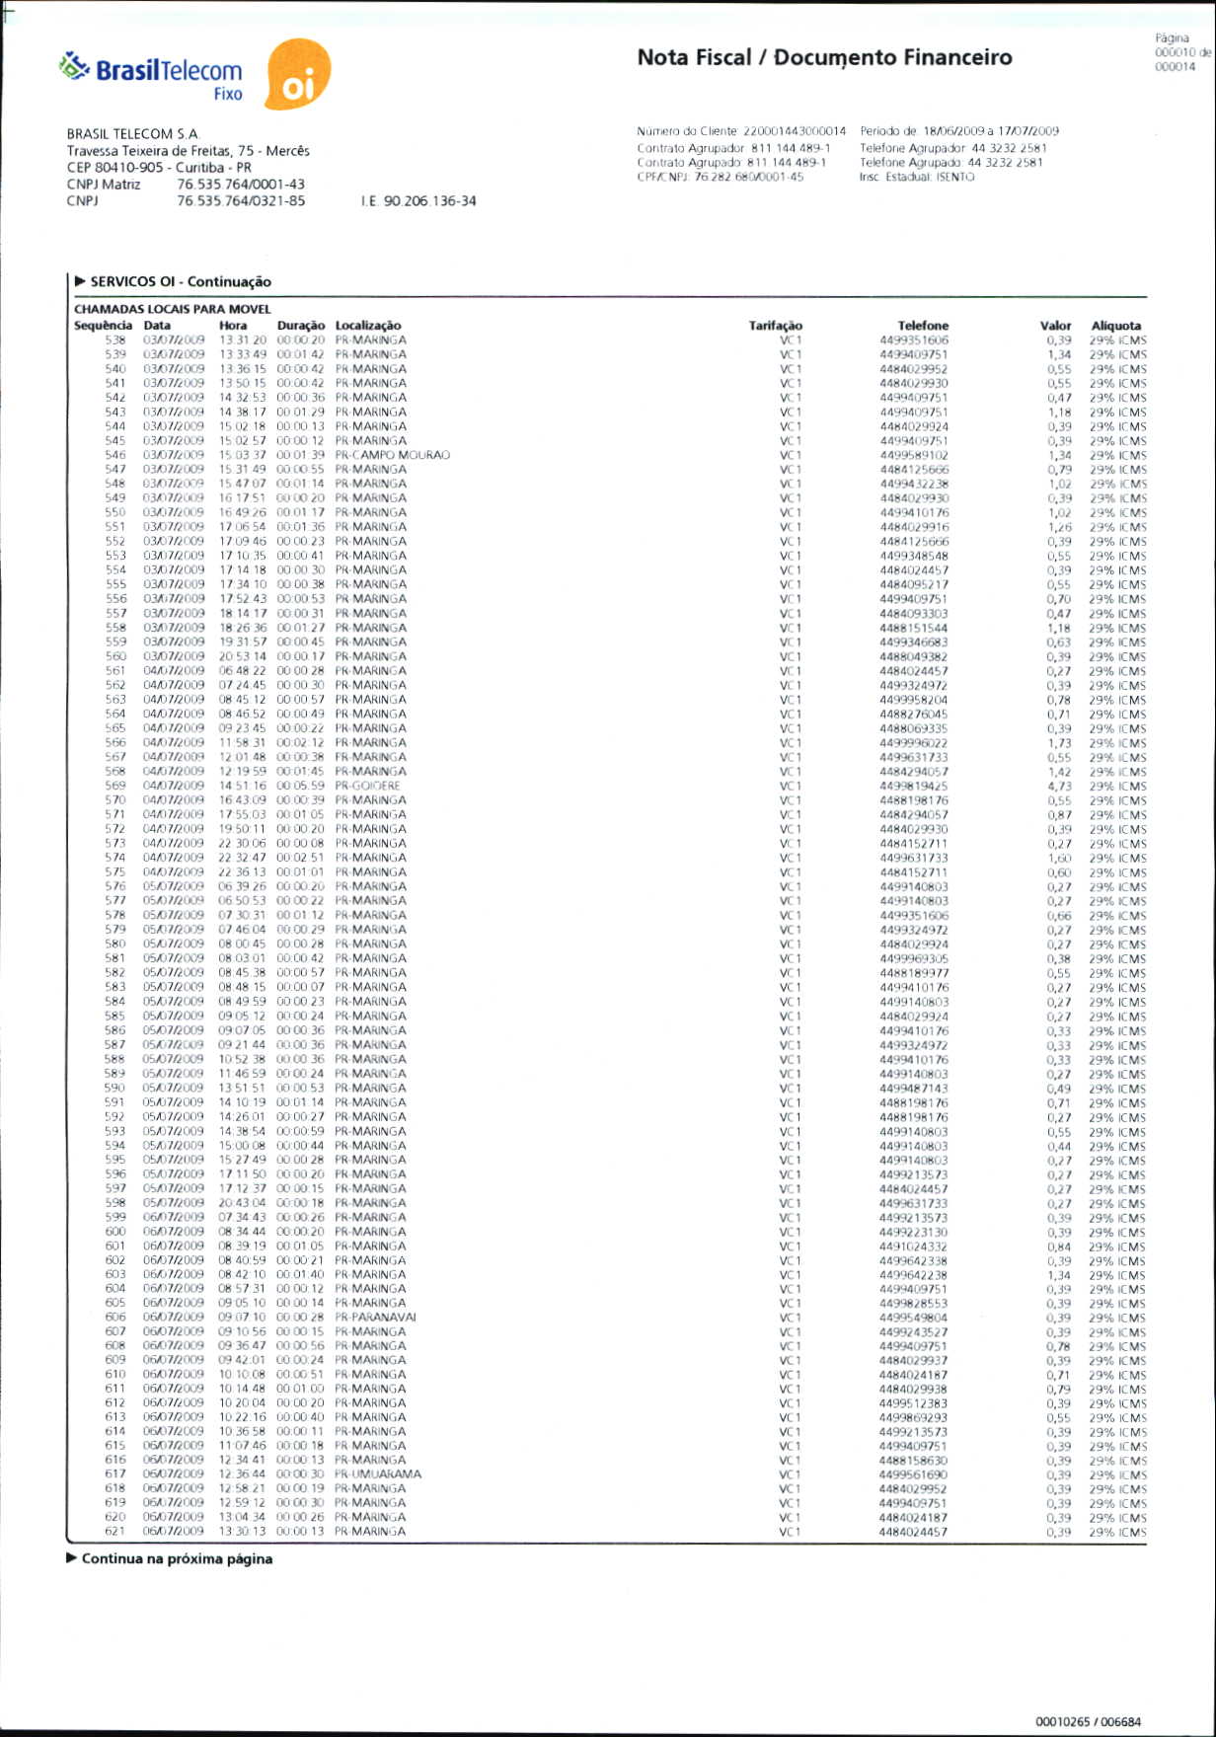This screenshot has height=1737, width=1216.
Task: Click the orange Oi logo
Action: [x=298, y=75]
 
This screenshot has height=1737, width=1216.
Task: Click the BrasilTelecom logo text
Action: [x=168, y=70]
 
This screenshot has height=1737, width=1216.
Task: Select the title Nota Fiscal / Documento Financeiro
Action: [x=824, y=57]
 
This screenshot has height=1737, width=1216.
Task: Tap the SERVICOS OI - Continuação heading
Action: [x=180, y=281]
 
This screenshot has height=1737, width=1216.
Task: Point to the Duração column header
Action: [x=300, y=325]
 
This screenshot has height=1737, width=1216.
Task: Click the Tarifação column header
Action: [x=775, y=325]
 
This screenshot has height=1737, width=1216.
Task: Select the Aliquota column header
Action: [x=1115, y=325]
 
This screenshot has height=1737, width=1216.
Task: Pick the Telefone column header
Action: [x=923, y=325]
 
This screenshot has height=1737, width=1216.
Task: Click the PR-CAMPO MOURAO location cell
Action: [x=392, y=455]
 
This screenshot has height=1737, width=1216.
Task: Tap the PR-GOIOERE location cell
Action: [x=367, y=786]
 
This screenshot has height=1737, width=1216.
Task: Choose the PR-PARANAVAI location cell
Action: [x=375, y=1317]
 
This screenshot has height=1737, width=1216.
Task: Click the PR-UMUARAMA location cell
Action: [x=377, y=1473]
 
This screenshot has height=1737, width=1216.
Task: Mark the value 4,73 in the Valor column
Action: [x=1058, y=787]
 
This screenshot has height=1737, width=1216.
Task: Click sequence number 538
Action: [x=115, y=340]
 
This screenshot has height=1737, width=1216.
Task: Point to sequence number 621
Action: [x=115, y=1531]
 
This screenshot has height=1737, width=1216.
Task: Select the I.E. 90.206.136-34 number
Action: [x=418, y=200]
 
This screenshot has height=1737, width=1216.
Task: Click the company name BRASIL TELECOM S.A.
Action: [x=133, y=133]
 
